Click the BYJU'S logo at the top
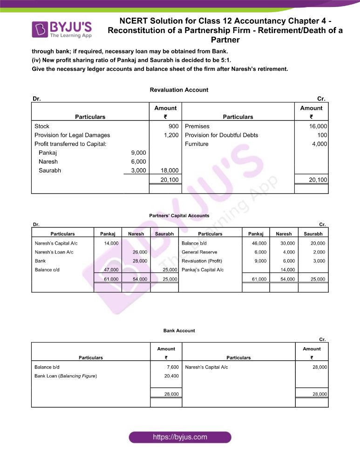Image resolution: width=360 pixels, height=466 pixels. [x=62, y=28]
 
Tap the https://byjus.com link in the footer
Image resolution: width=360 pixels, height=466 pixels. [x=180, y=437]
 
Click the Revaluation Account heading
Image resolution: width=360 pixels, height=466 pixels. [x=179, y=89]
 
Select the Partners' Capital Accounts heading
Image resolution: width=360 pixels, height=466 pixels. [x=179, y=216]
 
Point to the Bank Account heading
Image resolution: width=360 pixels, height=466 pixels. [x=179, y=330]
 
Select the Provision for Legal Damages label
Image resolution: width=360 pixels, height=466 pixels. [x=72, y=135]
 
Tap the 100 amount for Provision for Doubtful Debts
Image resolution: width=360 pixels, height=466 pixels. [x=322, y=135]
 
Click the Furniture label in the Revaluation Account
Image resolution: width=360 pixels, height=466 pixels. [x=197, y=144]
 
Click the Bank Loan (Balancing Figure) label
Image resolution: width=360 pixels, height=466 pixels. [x=66, y=376]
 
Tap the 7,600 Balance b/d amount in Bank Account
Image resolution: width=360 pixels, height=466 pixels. [x=171, y=367]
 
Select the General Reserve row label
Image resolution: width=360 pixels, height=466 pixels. [x=200, y=252]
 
